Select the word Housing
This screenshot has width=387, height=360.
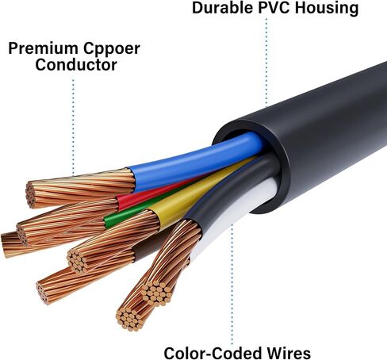point(327,9)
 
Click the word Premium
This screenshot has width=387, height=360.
point(43,48)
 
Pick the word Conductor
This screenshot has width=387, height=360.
point(76,65)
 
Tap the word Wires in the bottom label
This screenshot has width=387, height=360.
point(289,353)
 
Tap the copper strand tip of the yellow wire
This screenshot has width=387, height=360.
point(77,261)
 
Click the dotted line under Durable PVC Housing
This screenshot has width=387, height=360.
point(266,62)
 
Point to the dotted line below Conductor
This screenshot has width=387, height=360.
point(73,127)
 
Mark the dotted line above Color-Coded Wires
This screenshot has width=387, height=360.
point(232,284)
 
